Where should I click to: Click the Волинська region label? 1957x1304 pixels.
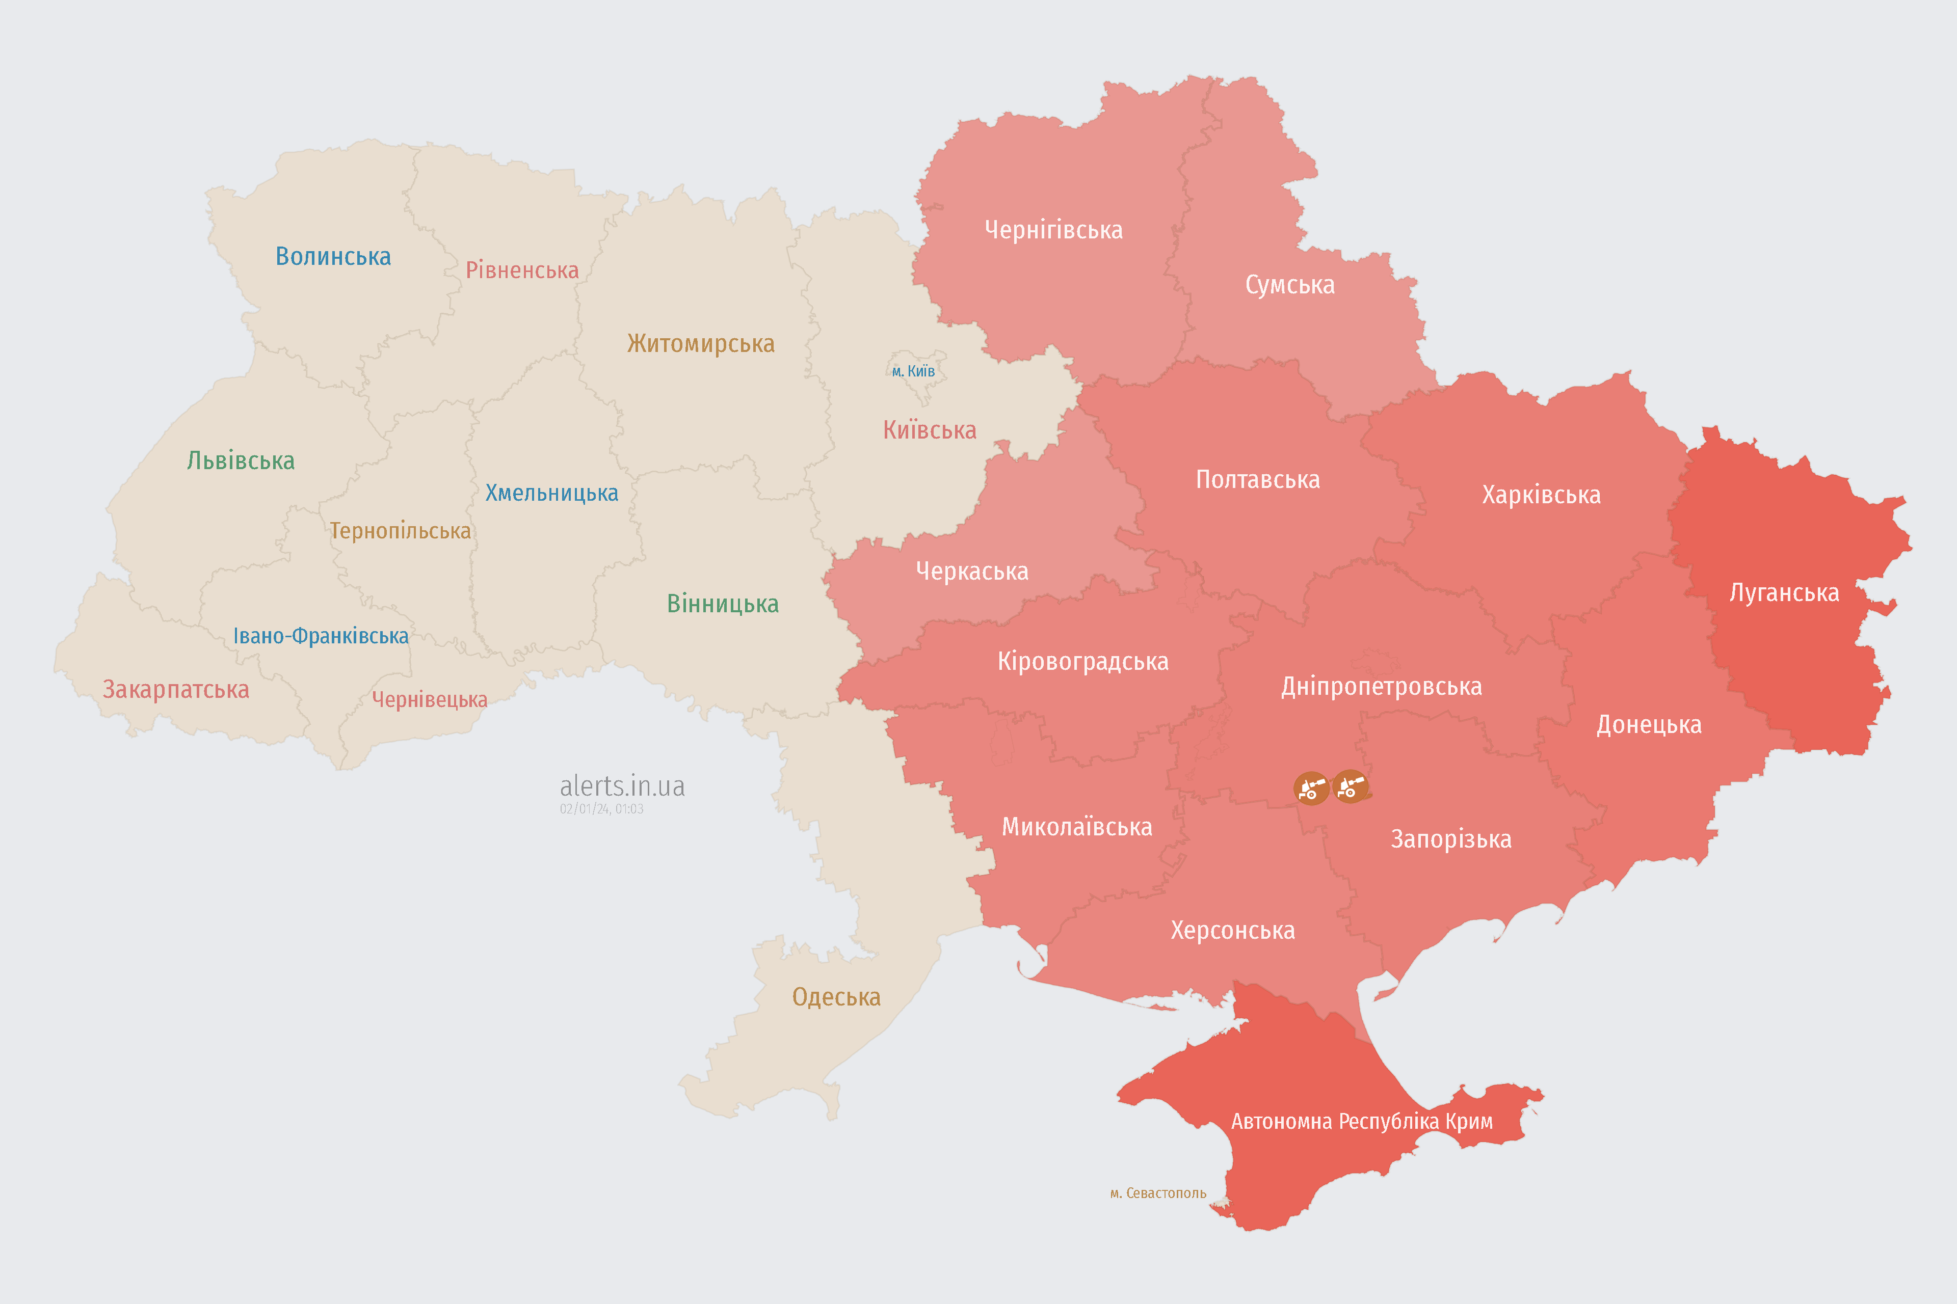333,256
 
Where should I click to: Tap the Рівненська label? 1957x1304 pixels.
522,270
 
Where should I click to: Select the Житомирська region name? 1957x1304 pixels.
701,343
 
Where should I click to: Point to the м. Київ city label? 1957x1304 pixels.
913,371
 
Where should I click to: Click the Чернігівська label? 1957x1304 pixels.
1053,230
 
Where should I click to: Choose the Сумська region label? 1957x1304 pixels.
1290,284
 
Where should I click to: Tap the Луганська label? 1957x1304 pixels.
1784,592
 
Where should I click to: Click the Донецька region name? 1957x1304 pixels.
1648,724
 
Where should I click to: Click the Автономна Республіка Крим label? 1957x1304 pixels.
1361,1121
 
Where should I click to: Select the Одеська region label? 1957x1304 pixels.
836,996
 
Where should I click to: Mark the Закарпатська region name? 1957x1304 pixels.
175,689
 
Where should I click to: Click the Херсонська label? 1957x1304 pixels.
1232,930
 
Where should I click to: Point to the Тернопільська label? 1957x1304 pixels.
400,531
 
